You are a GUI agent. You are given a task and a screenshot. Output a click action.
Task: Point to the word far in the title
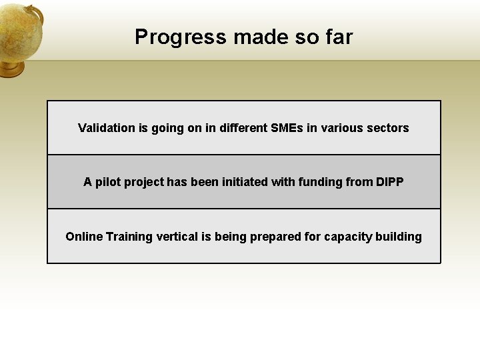tap(339, 37)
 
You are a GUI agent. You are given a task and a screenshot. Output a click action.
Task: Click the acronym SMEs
tap(287, 128)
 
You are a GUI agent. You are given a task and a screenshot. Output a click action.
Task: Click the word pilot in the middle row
tap(109, 182)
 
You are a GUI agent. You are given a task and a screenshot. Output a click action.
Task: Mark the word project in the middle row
tap(147, 182)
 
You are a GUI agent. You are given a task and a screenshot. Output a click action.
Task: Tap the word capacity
tap(348, 237)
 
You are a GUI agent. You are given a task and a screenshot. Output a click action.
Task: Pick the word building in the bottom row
tap(399, 237)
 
